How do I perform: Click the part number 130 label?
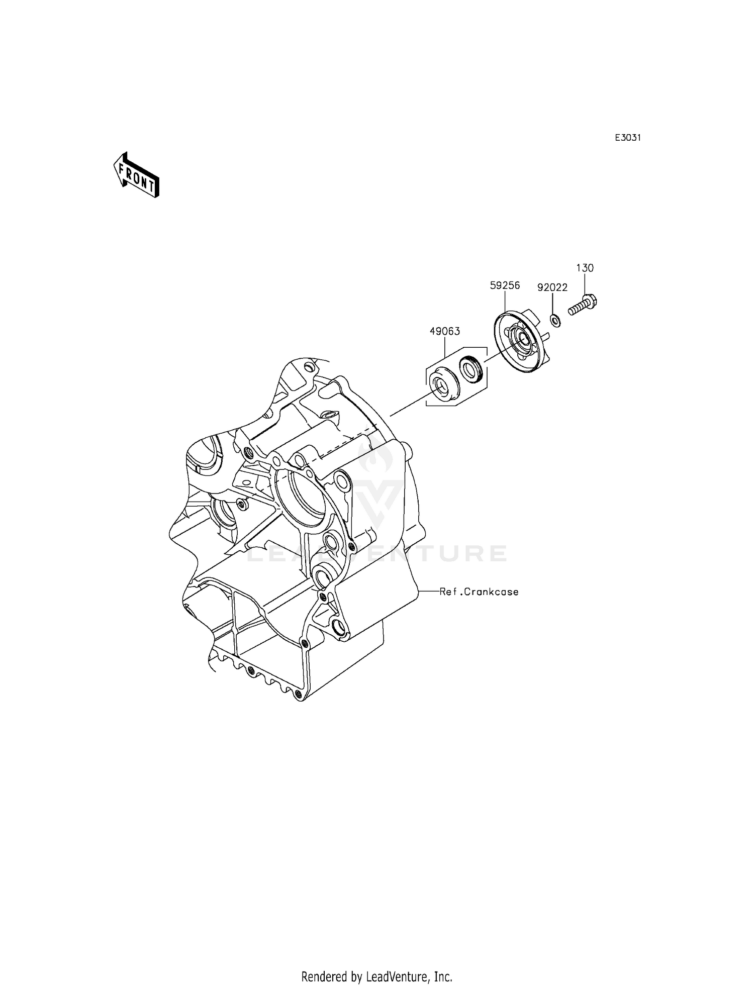[x=585, y=268]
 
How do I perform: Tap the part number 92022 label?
[x=552, y=287]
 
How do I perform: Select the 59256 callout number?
[x=505, y=285]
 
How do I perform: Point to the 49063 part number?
[x=444, y=331]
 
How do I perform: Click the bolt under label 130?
[x=583, y=306]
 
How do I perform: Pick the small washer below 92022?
[x=555, y=320]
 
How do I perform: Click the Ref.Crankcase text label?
[x=479, y=592]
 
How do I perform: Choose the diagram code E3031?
[x=628, y=138]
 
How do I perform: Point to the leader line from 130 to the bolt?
[x=585, y=284]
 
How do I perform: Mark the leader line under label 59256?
[x=504, y=302]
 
